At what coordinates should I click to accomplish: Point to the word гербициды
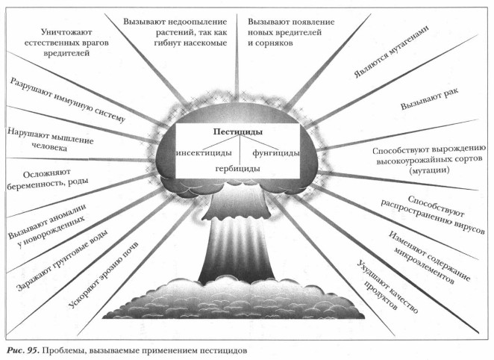coord(237,169)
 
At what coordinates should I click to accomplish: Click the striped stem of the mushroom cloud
coord(237,246)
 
